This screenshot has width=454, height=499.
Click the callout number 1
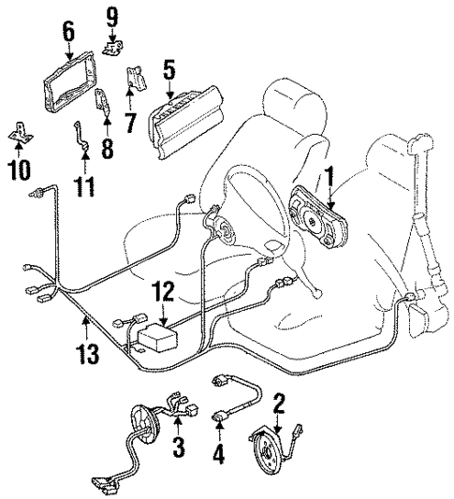tap(329, 174)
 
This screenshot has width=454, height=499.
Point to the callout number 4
tap(219, 457)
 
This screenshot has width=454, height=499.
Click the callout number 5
tap(168, 69)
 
